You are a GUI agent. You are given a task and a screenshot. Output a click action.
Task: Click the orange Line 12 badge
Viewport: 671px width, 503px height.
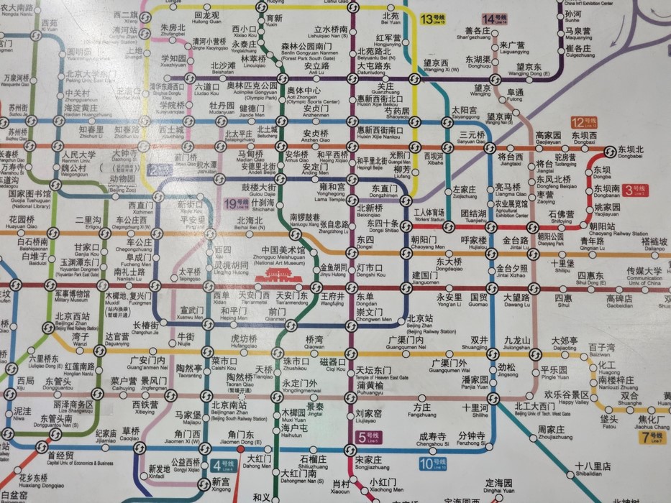[x=580, y=122]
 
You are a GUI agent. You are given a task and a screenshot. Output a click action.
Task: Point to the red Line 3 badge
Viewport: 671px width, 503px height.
[x=634, y=190]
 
